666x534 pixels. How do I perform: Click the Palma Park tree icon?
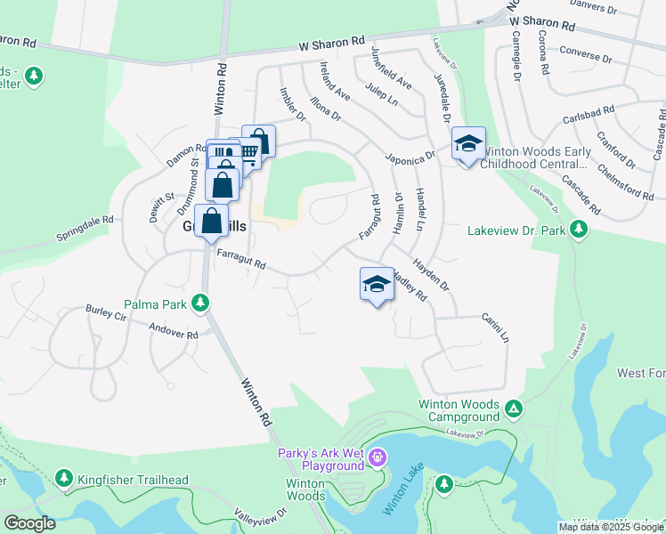coord(203,304)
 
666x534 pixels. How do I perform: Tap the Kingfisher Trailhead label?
coord(133,481)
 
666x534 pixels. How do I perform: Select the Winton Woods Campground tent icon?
coord(514,409)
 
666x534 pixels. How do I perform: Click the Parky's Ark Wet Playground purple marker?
coord(378,458)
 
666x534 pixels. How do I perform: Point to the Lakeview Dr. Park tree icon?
coord(579,231)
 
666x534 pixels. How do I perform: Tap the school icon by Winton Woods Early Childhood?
coord(468,143)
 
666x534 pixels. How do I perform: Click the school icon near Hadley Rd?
coord(377,285)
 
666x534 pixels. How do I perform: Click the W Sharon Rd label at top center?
coord(332,42)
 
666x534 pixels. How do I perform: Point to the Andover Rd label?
coord(174,333)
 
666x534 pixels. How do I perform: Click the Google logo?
coord(29,522)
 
